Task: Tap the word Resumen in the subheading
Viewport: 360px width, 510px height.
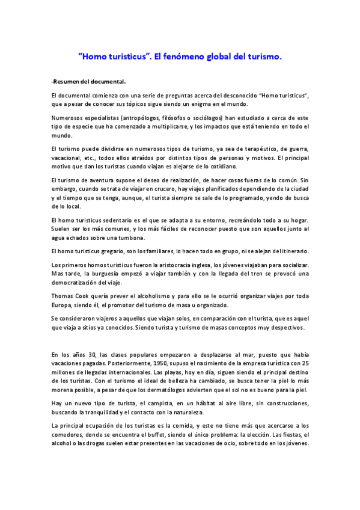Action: (67, 81)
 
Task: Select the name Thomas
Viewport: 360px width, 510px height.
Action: (63, 296)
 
